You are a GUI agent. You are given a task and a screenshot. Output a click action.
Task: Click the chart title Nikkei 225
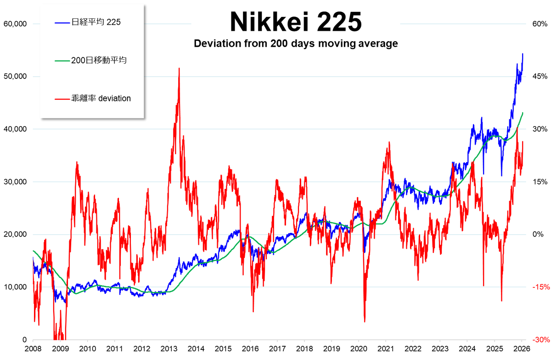click(295, 22)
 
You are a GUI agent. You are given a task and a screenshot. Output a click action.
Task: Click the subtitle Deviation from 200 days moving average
click(295, 44)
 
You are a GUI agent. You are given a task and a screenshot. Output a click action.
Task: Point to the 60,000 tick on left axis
click(15, 23)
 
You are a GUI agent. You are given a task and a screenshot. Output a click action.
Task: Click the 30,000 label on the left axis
click(15, 182)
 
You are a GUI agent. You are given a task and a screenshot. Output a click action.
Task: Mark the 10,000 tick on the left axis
click(15, 287)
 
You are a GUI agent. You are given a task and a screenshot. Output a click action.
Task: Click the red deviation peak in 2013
click(179, 68)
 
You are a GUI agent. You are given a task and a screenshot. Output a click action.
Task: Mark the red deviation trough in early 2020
click(365, 321)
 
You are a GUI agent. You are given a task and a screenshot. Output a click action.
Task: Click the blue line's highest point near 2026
click(523, 54)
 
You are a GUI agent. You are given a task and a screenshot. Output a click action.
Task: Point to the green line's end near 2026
click(523, 112)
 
